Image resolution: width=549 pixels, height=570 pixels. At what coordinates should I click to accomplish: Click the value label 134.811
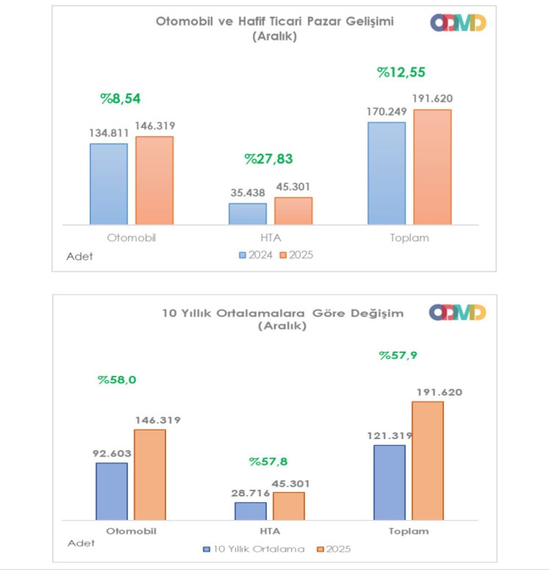(x=109, y=133)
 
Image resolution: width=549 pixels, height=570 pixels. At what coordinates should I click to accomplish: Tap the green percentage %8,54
(x=120, y=98)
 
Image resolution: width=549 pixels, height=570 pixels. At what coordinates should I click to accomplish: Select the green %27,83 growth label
(x=269, y=159)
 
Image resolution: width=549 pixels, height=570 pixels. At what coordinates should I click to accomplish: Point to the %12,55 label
(x=401, y=72)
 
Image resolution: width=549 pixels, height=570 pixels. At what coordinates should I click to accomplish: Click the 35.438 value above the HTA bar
(x=248, y=193)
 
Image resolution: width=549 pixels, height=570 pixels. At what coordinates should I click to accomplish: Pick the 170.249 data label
(x=387, y=112)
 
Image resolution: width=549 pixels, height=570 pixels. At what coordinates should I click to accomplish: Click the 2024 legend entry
(x=256, y=255)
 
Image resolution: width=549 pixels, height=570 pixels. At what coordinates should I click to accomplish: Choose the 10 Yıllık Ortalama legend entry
(x=254, y=549)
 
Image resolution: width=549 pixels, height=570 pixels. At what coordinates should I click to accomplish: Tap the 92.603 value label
(x=112, y=454)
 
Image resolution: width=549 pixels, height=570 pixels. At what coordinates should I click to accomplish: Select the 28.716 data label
(x=250, y=493)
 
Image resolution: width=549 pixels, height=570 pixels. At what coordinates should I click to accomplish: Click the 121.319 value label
(x=389, y=436)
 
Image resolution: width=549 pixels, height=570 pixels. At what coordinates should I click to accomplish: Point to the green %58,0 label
(x=117, y=380)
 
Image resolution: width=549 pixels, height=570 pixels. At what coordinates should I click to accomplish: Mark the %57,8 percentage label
(x=268, y=461)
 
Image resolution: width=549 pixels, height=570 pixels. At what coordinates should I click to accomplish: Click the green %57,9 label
(x=398, y=355)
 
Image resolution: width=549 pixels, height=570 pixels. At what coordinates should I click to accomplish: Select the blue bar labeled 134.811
(x=109, y=184)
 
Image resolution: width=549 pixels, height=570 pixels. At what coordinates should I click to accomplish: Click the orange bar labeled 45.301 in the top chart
(x=293, y=211)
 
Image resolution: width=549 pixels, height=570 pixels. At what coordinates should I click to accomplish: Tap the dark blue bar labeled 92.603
(x=112, y=491)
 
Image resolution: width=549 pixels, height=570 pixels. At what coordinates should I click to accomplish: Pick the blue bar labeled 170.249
(x=387, y=173)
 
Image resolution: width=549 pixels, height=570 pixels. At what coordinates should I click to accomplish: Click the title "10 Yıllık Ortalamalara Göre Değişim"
(x=283, y=314)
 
